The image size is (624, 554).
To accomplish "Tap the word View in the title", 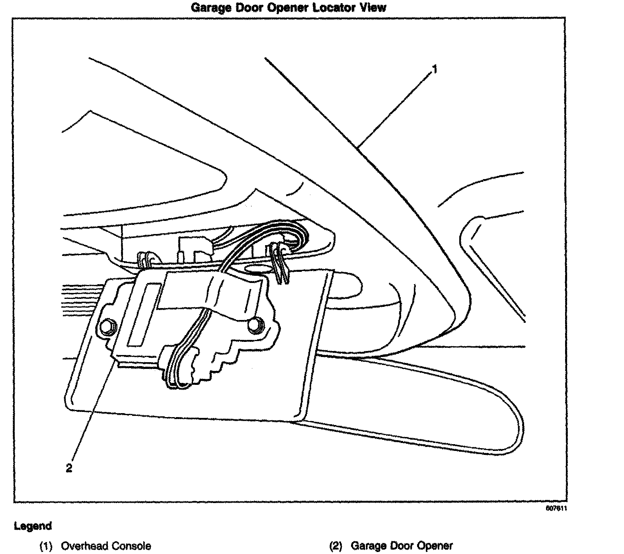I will point(373,8).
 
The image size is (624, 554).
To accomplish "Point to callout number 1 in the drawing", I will point(435,70).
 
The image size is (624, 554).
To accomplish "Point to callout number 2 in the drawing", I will point(69,468).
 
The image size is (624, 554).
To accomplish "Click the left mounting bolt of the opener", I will point(107,327).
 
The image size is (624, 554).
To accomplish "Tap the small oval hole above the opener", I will point(257,269).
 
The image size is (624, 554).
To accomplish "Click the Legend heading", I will point(33,526).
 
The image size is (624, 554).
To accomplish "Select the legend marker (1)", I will point(47,546).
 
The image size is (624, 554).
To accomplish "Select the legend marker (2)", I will point(336,546).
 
